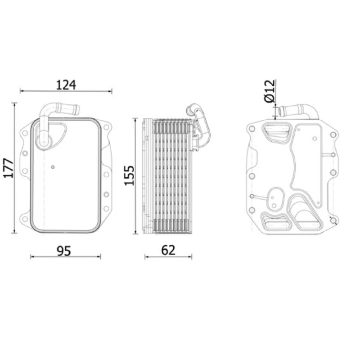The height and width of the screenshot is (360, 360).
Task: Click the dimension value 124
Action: (x=66, y=85)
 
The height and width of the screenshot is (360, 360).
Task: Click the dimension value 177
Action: (x=9, y=168)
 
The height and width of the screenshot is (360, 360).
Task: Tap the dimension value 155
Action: (x=129, y=175)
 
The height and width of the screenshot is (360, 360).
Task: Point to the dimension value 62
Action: (x=168, y=250)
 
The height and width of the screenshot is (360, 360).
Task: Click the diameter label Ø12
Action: (x=269, y=91)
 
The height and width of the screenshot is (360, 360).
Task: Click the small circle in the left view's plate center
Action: (x=53, y=167)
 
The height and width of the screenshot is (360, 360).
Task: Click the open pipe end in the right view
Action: (x=280, y=111)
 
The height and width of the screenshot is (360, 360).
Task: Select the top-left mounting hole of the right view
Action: (x=252, y=129)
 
